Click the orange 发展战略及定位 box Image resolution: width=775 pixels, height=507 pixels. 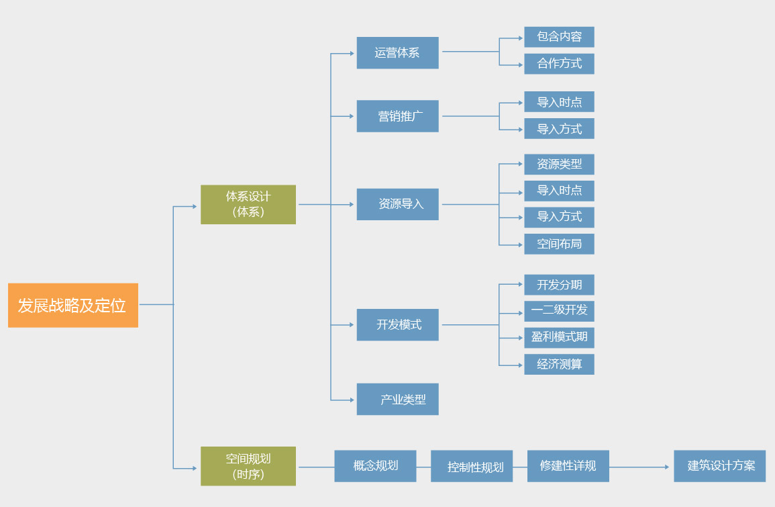(x=72, y=306)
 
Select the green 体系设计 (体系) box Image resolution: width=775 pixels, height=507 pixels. (x=248, y=204)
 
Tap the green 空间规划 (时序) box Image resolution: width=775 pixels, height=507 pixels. (x=248, y=466)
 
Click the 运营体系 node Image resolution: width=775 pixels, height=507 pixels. (x=397, y=52)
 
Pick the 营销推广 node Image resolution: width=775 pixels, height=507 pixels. (x=397, y=116)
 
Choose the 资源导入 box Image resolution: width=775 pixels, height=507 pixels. (x=397, y=204)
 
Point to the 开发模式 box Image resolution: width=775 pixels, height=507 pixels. (x=397, y=325)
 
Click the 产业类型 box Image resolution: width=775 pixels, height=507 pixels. (x=397, y=400)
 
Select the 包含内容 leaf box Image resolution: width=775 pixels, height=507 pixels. (x=559, y=37)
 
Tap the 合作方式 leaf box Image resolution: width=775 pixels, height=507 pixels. (x=559, y=64)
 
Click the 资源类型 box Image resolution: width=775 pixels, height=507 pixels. (x=559, y=165)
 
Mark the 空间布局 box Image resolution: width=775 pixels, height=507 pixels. (x=559, y=244)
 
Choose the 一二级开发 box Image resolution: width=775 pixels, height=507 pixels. (x=559, y=311)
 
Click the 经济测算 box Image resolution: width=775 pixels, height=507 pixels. (x=559, y=365)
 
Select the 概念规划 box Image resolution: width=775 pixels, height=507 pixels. (x=375, y=466)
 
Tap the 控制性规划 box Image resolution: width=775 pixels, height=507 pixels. (x=472, y=466)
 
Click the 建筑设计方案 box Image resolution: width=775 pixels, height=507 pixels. (x=719, y=466)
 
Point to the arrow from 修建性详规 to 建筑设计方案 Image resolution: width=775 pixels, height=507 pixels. (x=641, y=467)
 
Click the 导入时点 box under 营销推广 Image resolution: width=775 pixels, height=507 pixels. (x=559, y=102)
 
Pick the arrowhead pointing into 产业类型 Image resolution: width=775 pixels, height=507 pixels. (x=351, y=400)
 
